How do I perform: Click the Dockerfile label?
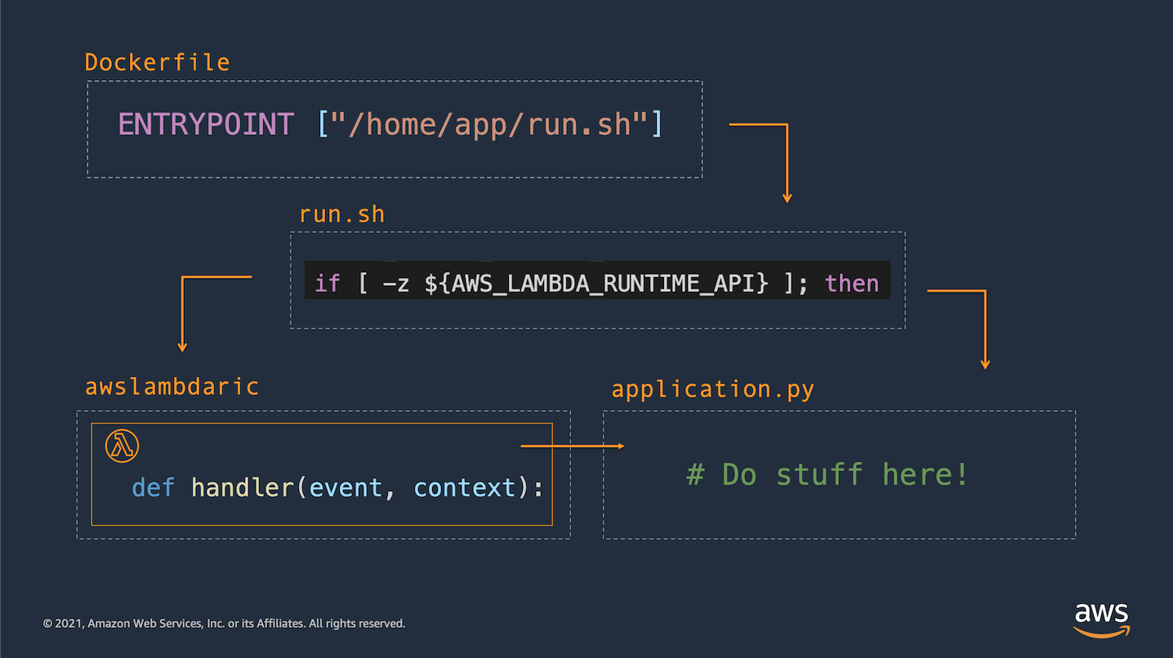(x=157, y=62)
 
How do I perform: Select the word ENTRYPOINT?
(x=205, y=125)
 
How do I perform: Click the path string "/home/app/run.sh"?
(x=489, y=125)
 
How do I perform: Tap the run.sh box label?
(x=341, y=215)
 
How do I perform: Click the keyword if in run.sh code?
(x=328, y=284)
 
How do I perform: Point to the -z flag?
(x=396, y=284)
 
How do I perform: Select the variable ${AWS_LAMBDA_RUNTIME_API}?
(x=596, y=284)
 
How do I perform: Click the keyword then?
(x=852, y=284)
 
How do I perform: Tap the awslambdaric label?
(x=172, y=387)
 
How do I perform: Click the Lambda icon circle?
(x=122, y=445)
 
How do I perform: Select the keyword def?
(x=153, y=488)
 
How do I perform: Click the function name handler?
(x=242, y=488)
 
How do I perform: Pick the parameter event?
(x=346, y=488)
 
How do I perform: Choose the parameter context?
(x=465, y=488)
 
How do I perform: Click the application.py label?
(x=712, y=390)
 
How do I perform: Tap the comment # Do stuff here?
(x=827, y=474)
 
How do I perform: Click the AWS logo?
(x=1102, y=620)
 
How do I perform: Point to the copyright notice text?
(x=224, y=624)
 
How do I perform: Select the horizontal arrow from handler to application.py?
(x=573, y=445)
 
